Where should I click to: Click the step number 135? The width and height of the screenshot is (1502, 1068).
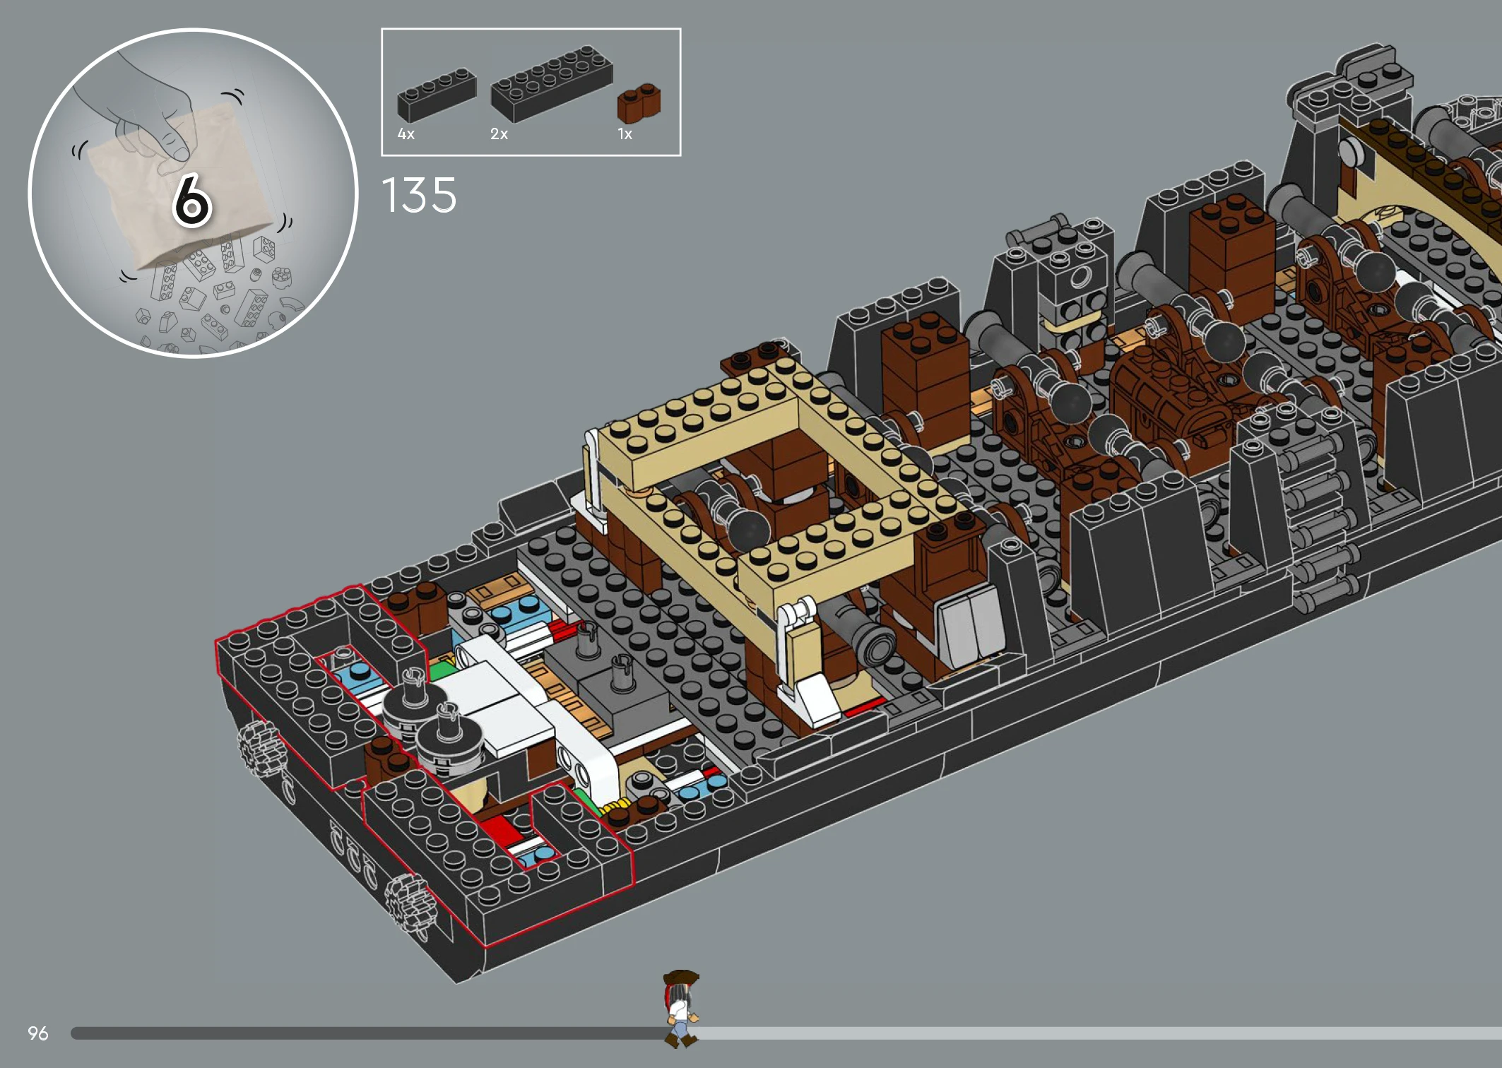point(420,195)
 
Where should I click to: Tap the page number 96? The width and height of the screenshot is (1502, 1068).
point(38,1033)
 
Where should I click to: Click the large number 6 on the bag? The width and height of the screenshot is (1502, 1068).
point(191,201)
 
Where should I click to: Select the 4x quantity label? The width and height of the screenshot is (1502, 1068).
point(406,134)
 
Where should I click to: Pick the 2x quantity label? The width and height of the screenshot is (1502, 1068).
point(499,134)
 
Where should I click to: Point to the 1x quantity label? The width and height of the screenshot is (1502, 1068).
point(625,134)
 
